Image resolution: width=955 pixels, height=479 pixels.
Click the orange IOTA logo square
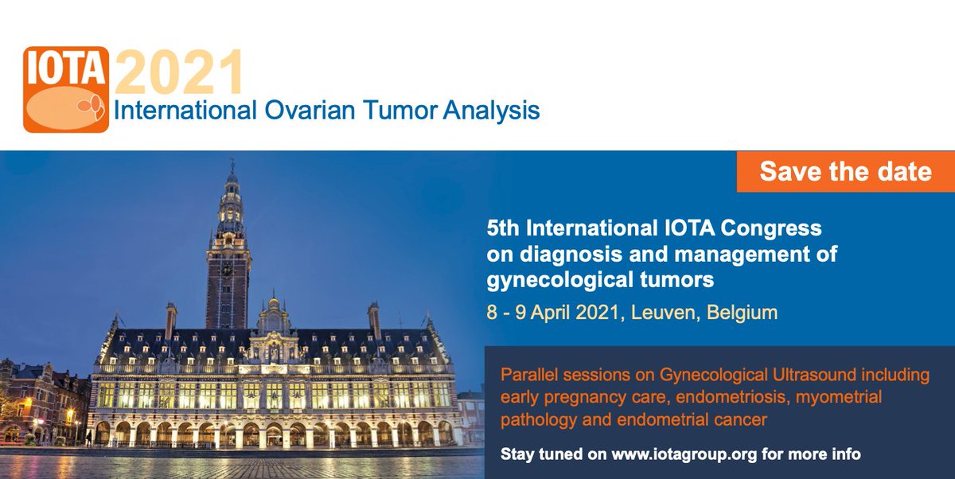click(x=65, y=88)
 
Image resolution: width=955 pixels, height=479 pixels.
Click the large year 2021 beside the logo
click(x=178, y=73)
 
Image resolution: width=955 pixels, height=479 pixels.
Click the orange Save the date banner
click(x=845, y=171)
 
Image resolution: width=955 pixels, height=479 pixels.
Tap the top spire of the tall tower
click(x=232, y=166)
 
